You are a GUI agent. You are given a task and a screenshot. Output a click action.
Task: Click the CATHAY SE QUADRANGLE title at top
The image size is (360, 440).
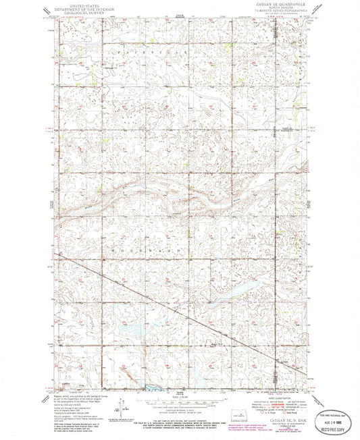coord(278,3)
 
